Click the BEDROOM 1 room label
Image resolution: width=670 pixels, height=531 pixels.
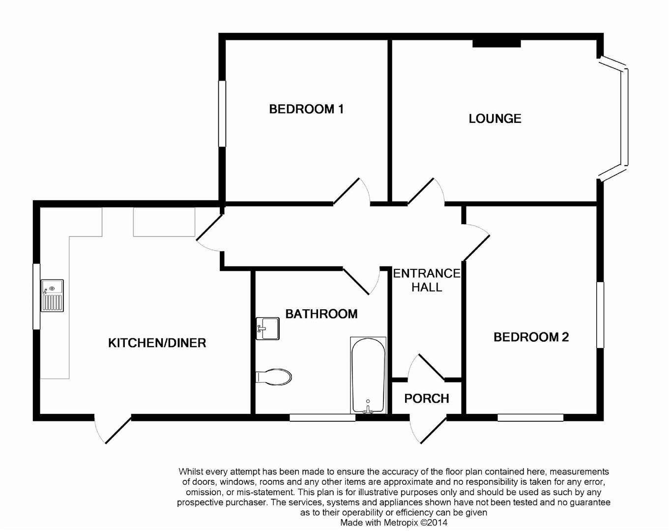point(306,109)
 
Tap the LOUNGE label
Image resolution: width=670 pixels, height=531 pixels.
point(495,118)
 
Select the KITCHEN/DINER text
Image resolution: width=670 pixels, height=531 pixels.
point(157,343)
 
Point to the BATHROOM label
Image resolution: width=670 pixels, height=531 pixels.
point(321,314)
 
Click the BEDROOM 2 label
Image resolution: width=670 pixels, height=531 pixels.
point(531,337)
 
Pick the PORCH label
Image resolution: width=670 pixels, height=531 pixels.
point(426,398)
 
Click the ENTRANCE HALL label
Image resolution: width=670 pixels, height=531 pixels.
point(426,280)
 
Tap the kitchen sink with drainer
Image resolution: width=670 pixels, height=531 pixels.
point(52,295)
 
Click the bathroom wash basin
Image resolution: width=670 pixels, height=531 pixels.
point(267,328)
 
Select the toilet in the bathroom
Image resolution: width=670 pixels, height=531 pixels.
point(274,377)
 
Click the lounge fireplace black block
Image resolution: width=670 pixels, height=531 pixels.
point(496,43)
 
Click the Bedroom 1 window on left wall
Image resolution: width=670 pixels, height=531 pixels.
point(222,114)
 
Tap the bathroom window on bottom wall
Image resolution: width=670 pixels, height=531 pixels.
point(322,418)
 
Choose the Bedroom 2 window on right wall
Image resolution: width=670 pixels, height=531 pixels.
point(600,315)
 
